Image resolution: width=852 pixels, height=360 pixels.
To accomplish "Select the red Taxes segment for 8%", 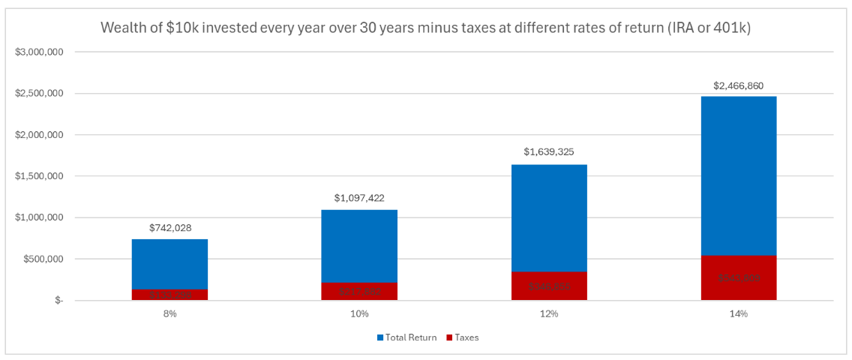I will (x=169, y=295).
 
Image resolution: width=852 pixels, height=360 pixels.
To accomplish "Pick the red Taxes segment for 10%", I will (x=359, y=292).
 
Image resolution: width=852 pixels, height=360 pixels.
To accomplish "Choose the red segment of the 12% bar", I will (x=549, y=286).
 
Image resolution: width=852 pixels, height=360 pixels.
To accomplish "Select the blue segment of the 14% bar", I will (x=739, y=175).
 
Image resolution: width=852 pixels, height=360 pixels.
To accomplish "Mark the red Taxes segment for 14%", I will (x=739, y=278).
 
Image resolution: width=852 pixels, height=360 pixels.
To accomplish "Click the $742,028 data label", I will (x=169, y=227).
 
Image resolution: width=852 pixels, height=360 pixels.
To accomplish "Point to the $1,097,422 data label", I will (x=359, y=198).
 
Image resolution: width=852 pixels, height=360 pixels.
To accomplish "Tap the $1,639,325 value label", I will (x=549, y=152).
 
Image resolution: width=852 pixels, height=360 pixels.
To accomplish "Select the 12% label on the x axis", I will (x=549, y=313).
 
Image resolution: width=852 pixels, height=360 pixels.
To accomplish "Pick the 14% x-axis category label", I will (x=739, y=313).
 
